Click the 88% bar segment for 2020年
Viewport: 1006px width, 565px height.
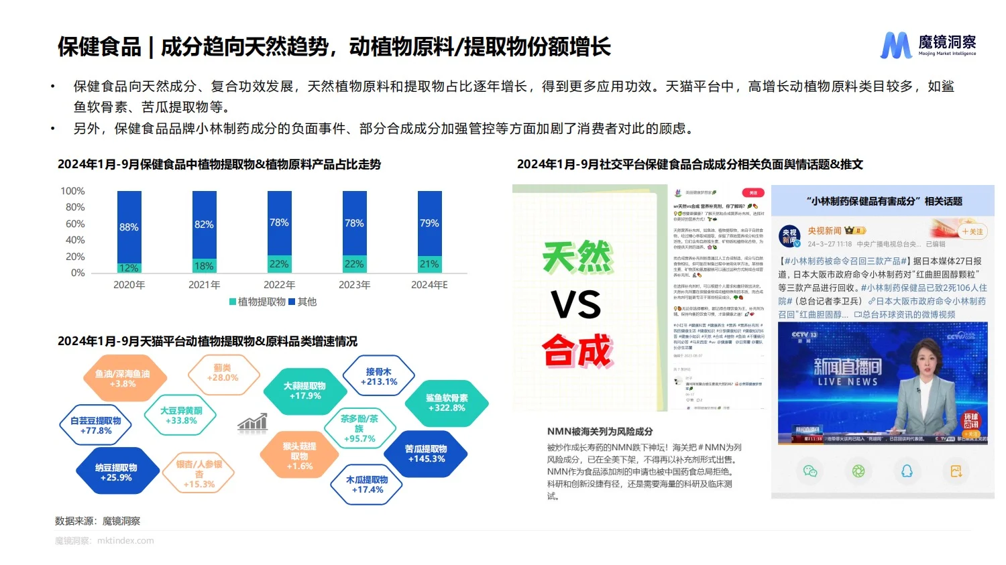tap(129, 227)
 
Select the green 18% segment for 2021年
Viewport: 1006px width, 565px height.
tap(204, 265)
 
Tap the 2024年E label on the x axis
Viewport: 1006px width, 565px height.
tap(429, 285)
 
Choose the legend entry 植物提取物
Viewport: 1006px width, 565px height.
tap(258, 302)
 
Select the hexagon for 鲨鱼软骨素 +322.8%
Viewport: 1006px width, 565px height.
tap(447, 403)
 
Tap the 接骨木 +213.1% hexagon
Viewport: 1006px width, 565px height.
tap(379, 377)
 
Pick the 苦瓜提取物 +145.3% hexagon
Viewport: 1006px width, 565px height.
tap(426, 454)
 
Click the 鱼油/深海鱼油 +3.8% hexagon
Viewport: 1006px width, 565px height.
tap(123, 379)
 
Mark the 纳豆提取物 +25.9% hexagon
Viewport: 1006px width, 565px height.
tap(116, 473)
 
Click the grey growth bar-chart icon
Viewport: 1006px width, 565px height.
tap(253, 422)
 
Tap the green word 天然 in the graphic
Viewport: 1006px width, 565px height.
tap(577, 257)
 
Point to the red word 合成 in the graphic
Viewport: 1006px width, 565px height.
tap(577, 351)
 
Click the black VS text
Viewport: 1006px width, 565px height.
tap(576, 305)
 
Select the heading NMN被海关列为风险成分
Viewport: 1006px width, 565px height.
tap(600, 432)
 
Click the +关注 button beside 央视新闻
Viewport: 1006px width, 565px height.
tap(972, 232)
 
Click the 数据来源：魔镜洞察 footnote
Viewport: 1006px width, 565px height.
tap(98, 521)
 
